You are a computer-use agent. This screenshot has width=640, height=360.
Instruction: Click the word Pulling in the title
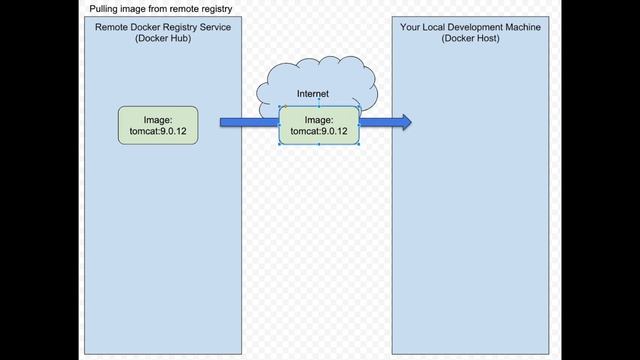(x=105, y=8)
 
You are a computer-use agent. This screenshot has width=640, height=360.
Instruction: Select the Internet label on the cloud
(x=313, y=94)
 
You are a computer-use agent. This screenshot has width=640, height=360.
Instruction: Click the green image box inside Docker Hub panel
(x=158, y=124)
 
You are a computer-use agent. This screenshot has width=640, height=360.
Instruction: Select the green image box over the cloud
(x=319, y=124)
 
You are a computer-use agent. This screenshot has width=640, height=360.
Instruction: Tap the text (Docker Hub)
(x=163, y=38)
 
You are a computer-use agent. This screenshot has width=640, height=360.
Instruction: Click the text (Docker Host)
(x=470, y=38)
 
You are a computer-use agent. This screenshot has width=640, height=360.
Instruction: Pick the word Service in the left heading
(x=214, y=27)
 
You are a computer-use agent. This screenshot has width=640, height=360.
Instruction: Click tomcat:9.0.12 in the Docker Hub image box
(x=158, y=131)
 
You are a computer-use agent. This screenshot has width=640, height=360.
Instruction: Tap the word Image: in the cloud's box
(x=319, y=118)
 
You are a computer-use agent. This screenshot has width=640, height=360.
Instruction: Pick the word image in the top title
(x=136, y=8)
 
